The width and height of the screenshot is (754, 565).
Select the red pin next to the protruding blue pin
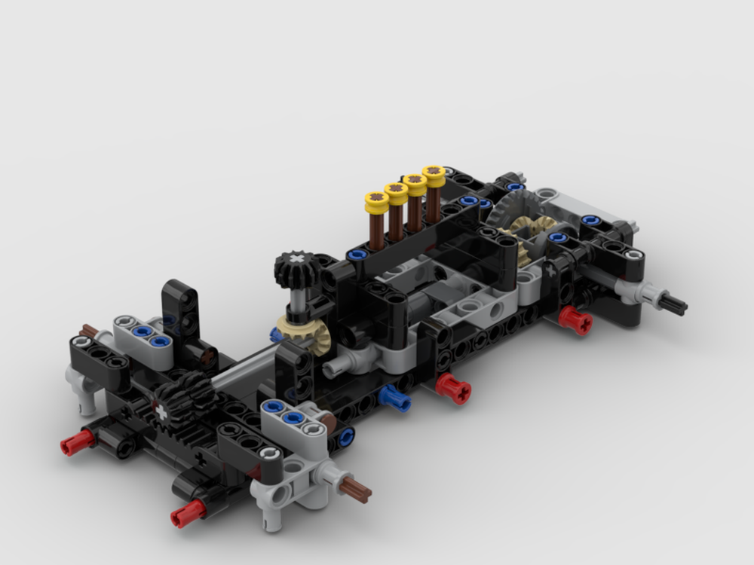point(455,388)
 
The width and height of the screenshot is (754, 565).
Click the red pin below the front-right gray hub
point(187,514)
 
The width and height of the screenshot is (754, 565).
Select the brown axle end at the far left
point(88,331)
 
